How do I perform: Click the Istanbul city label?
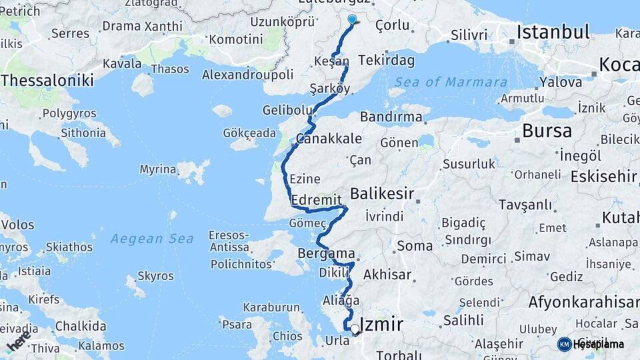coord(553,32)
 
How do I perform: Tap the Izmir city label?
coord(381,325)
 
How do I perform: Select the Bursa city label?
coord(547,131)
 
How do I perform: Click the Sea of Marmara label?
coord(450,82)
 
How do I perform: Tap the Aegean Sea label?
coord(152,239)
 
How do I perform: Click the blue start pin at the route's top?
coord(352,20)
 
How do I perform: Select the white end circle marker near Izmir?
coord(355,329)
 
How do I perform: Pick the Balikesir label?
coord(382,194)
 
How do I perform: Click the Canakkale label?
coord(329,139)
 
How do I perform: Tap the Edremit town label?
coord(317,200)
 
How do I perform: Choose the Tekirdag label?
coord(386,61)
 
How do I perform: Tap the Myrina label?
coord(157,169)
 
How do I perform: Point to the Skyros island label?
coord(155,275)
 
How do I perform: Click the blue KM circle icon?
coord(565,344)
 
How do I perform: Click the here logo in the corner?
coord(20,341)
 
